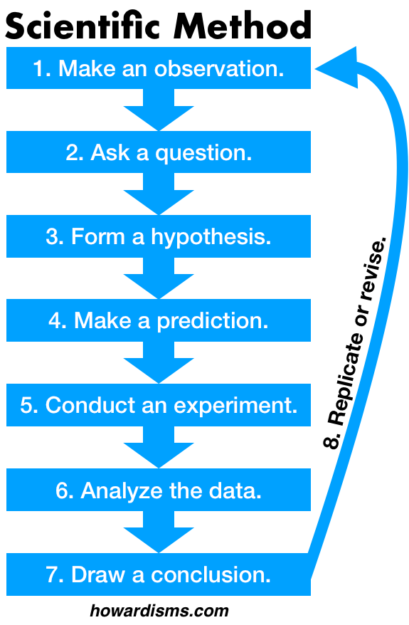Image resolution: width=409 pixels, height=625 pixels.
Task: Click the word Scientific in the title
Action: pyautogui.click(x=83, y=26)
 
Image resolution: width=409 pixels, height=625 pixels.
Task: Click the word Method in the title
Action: pyautogui.click(x=242, y=26)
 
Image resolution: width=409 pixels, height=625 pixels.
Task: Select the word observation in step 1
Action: pyautogui.click(x=219, y=68)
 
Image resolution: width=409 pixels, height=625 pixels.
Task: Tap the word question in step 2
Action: pyautogui.click(x=203, y=154)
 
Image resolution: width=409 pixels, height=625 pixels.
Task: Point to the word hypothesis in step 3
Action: pyautogui.click(x=211, y=237)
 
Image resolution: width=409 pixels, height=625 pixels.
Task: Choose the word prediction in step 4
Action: pyautogui.click(x=213, y=321)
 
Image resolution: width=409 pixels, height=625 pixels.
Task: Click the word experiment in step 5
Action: pyautogui.click(x=235, y=406)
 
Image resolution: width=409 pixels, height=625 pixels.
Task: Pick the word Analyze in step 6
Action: pyautogui.click(x=122, y=491)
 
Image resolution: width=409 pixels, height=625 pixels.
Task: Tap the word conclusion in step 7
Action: pyautogui.click(x=211, y=574)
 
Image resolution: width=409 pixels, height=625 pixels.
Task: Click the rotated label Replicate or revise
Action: pyautogui.click(x=354, y=343)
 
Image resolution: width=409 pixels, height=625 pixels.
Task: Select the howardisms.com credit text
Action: pyautogui.click(x=159, y=611)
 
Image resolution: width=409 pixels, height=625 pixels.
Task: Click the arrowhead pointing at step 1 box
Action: pyautogui.click(x=336, y=68)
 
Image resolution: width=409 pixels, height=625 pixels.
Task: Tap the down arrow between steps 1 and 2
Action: pyautogui.click(x=159, y=110)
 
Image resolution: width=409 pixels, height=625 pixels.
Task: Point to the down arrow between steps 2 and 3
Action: pyautogui.click(x=159, y=194)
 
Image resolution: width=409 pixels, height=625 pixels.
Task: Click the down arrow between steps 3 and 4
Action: pyautogui.click(x=159, y=278)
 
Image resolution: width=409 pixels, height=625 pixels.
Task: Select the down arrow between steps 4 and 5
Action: pyautogui.click(x=159, y=362)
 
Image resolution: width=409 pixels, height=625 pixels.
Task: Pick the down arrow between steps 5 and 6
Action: pyautogui.click(x=159, y=447)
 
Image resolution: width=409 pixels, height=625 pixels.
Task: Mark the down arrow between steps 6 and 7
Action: pyautogui.click(x=159, y=532)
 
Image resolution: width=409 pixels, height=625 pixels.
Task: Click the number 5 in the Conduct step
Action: pyautogui.click(x=27, y=405)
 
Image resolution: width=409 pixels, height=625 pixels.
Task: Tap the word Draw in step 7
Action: pyautogui.click(x=98, y=574)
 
